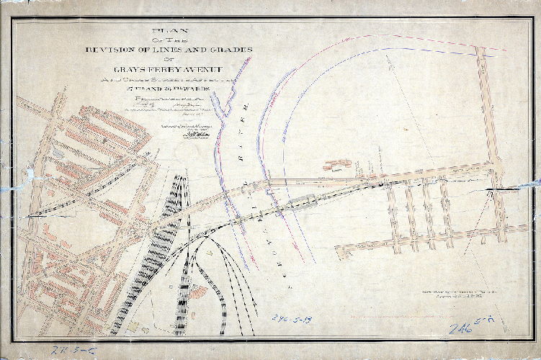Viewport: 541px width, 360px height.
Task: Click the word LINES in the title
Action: coord(174,48)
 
